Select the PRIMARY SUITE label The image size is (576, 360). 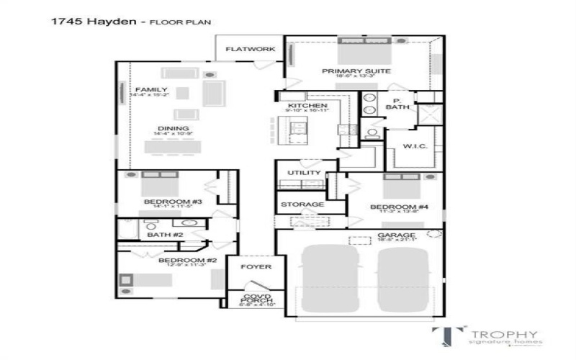[x=356, y=71]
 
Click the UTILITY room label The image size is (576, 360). [x=303, y=174]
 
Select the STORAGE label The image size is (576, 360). [x=302, y=204]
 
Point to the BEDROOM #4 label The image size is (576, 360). [x=399, y=207]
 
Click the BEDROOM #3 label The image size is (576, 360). [x=172, y=202]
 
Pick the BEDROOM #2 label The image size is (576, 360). [x=177, y=260]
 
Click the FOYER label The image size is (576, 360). [x=256, y=267]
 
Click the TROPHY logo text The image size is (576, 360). [x=503, y=334]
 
